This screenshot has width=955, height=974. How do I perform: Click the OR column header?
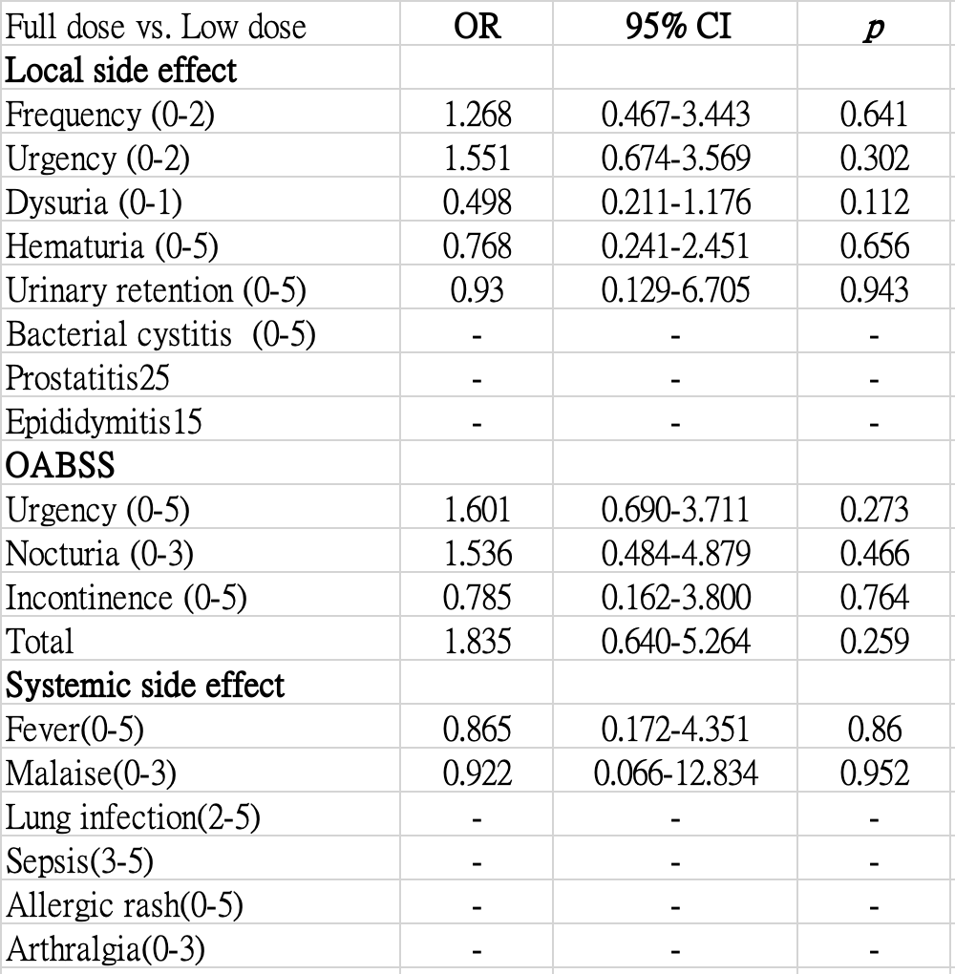477,27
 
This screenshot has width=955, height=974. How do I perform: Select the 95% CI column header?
678,27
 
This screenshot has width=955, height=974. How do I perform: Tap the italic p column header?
874,29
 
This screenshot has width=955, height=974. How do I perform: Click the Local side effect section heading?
121,70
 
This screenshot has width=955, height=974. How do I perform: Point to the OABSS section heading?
60,465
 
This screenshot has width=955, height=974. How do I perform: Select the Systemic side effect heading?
145,686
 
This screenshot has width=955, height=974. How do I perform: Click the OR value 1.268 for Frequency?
477,115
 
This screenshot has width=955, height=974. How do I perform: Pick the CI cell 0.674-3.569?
676,159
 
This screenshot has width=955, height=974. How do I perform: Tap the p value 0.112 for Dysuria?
874,202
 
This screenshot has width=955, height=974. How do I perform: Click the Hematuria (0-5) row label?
112,246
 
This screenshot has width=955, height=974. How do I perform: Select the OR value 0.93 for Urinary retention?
477,290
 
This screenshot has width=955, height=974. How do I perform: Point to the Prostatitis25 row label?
87,378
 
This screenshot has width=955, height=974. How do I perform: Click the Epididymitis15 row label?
104,422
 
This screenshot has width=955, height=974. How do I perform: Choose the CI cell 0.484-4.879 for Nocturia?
676,554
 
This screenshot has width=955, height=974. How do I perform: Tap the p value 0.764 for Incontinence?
874,598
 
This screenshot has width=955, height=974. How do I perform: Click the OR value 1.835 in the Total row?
477,642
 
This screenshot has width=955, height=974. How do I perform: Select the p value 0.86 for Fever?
874,730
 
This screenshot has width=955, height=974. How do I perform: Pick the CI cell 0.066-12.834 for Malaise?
676,774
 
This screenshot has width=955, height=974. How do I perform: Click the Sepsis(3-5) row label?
79,862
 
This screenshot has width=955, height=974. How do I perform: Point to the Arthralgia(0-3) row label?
105,950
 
